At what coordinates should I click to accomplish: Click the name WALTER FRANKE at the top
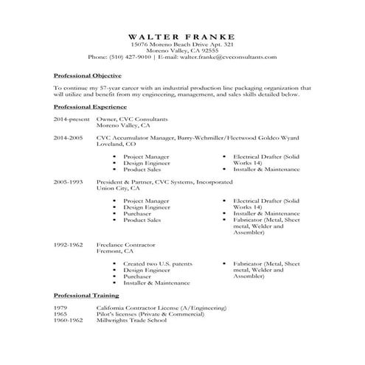(x=182, y=36)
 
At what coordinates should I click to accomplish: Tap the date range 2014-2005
(x=69, y=137)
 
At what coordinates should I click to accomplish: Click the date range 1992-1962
(x=69, y=243)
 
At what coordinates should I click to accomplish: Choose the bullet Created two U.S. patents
(x=157, y=263)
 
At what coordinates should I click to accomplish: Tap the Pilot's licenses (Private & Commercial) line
(x=149, y=313)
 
